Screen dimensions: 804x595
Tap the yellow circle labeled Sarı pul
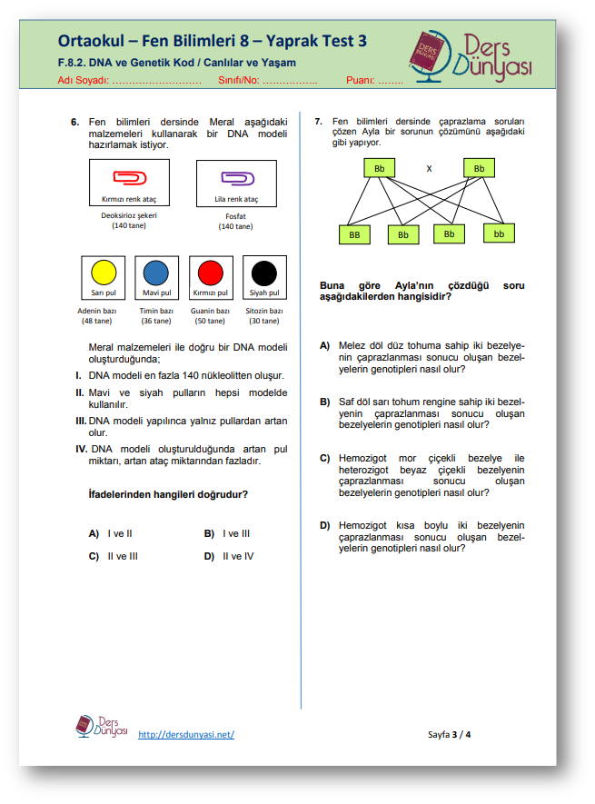pyautogui.click(x=104, y=273)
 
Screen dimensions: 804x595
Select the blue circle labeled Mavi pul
pyautogui.click(x=156, y=273)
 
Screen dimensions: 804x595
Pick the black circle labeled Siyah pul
pyautogui.click(x=264, y=273)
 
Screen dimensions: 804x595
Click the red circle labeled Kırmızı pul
pyautogui.click(x=210, y=273)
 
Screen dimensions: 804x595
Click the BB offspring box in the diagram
pyautogui.click(x=354, y=234)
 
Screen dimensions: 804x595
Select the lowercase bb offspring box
pyautogui.click(x=499, y=233)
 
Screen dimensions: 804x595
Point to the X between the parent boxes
pyautogui.click(x=429, y=169)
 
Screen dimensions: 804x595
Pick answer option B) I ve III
pyautogui.click(x=227, y=533)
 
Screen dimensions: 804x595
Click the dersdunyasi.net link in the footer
pyautogui.click(x=186, y=734)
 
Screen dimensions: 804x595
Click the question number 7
pyautogui.click(x=318, y=121)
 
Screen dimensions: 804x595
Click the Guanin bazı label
pyautogui.click(x=210, y=311)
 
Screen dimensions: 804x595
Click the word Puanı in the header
pyautogui.click(x=361, y=81)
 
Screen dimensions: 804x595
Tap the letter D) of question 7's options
pyautogui.click(x=324, y=525)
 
